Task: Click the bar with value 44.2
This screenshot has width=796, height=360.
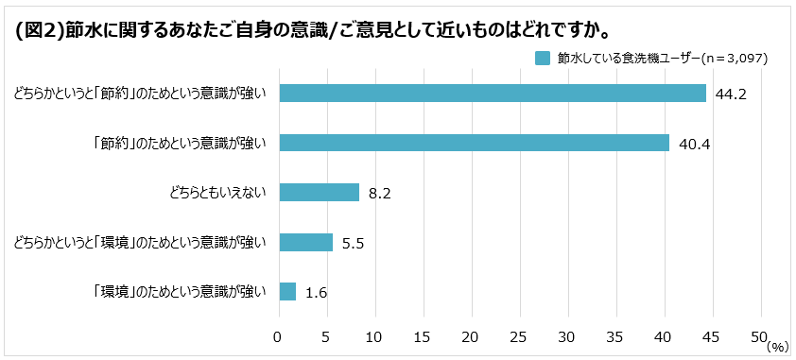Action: click(x=492, y=93)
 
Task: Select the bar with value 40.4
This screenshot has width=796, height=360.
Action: click(x=473, y=143)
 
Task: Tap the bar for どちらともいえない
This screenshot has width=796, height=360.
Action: click(x=319, y=193)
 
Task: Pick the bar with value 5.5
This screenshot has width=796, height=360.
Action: click(x=305, y=243)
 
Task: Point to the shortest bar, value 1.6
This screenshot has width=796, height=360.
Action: click(x=286, y=292)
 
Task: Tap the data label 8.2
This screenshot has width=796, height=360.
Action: click(x=380, y=194)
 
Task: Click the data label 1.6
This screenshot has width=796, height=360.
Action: click(x=317, y=293)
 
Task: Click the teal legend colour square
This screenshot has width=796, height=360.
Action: click(x=543, y=59)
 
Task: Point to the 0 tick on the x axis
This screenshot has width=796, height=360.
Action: click(x=278, y=336)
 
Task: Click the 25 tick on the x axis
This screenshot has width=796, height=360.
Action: click(x=519, y=336)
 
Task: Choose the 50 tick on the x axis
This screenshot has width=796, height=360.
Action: click(x=758, y=336)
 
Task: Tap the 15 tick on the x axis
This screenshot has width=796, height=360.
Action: click(x=422, y=336)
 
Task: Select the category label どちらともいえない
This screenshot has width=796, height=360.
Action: click(x=217, y=193)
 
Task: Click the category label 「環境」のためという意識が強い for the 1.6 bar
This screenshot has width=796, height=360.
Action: click(x=179, y=292)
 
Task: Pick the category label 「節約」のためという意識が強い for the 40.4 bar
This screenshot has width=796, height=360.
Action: click(x=179, y=143)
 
